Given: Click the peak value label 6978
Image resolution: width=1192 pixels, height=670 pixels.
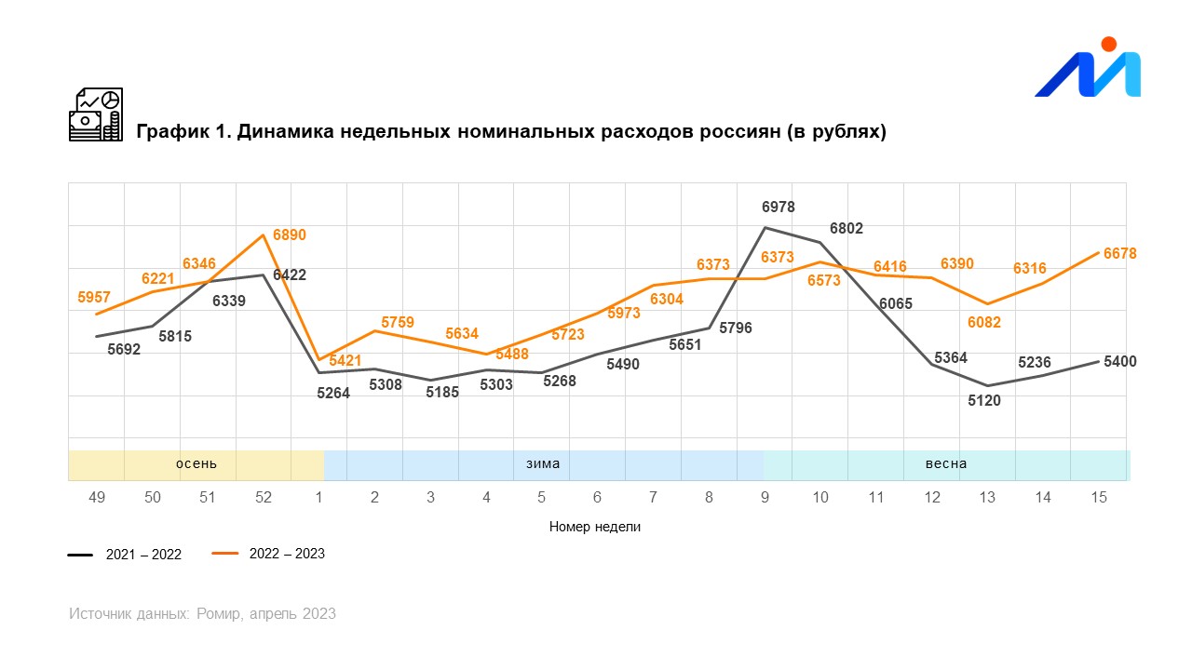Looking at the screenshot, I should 779,208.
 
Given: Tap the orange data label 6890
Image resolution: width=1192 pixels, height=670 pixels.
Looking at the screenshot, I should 289,235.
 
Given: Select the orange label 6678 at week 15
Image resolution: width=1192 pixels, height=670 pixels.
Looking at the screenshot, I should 1119,254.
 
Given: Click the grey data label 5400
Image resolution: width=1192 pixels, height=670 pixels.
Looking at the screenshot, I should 1119,362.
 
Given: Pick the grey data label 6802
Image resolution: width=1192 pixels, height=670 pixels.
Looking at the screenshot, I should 847,228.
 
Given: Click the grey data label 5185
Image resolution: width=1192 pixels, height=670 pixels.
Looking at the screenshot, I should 443,393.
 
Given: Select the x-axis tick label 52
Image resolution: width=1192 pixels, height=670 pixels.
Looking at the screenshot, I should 264,498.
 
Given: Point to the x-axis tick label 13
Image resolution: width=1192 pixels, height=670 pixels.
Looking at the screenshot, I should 987,498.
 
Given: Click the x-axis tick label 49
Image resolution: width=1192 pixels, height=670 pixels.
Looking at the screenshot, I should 97,498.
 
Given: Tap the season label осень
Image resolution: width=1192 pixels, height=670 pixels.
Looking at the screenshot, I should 196,463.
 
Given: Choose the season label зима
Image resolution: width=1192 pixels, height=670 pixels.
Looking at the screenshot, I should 543,463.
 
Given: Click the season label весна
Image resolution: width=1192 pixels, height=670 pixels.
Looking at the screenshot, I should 946,463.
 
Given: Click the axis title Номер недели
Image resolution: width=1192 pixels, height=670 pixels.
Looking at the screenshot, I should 595,527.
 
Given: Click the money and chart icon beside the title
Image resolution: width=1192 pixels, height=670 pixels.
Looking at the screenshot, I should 96,114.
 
